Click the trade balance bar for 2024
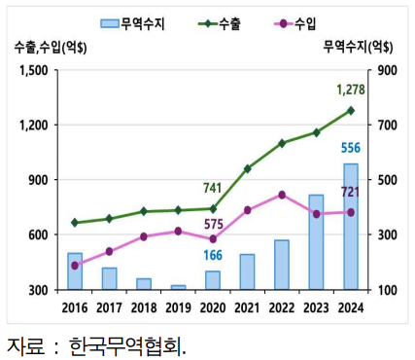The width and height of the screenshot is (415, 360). [x=351, y=227]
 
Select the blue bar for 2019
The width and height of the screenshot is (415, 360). [x=178, y=287]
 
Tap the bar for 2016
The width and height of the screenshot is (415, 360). [x=75, y=270]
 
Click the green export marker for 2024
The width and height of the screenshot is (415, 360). [x=351, y=111]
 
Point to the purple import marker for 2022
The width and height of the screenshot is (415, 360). [x=282, y=195]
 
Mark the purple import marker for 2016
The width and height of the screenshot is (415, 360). [x=75, y=265]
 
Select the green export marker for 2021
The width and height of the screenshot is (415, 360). [x=247, y=168]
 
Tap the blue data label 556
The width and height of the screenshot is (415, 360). [x=352, y=148]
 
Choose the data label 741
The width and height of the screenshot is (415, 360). [x=214, y=188]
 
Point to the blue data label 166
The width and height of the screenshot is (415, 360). [x=213, y=255]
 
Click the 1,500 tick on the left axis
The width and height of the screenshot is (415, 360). [x=33, y=70]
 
